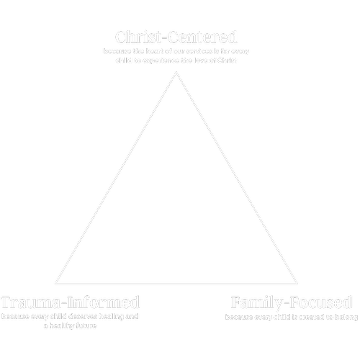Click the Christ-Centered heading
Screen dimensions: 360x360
[176, 37]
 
